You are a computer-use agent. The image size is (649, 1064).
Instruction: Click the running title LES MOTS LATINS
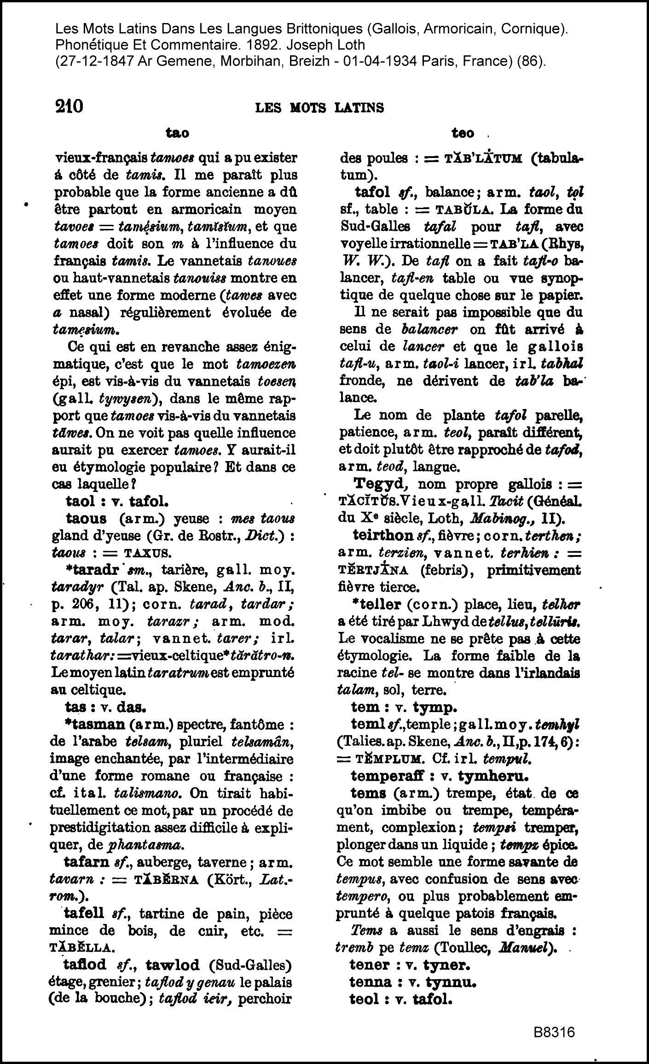pos(319,108)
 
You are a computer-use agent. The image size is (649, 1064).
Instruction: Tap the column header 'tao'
pos(177,133)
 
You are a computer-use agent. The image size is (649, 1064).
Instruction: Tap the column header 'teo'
pos(463,133)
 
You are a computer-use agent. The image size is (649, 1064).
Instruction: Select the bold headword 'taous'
pos(86,519)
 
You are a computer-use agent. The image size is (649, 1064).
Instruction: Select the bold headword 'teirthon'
pos(383,535)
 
